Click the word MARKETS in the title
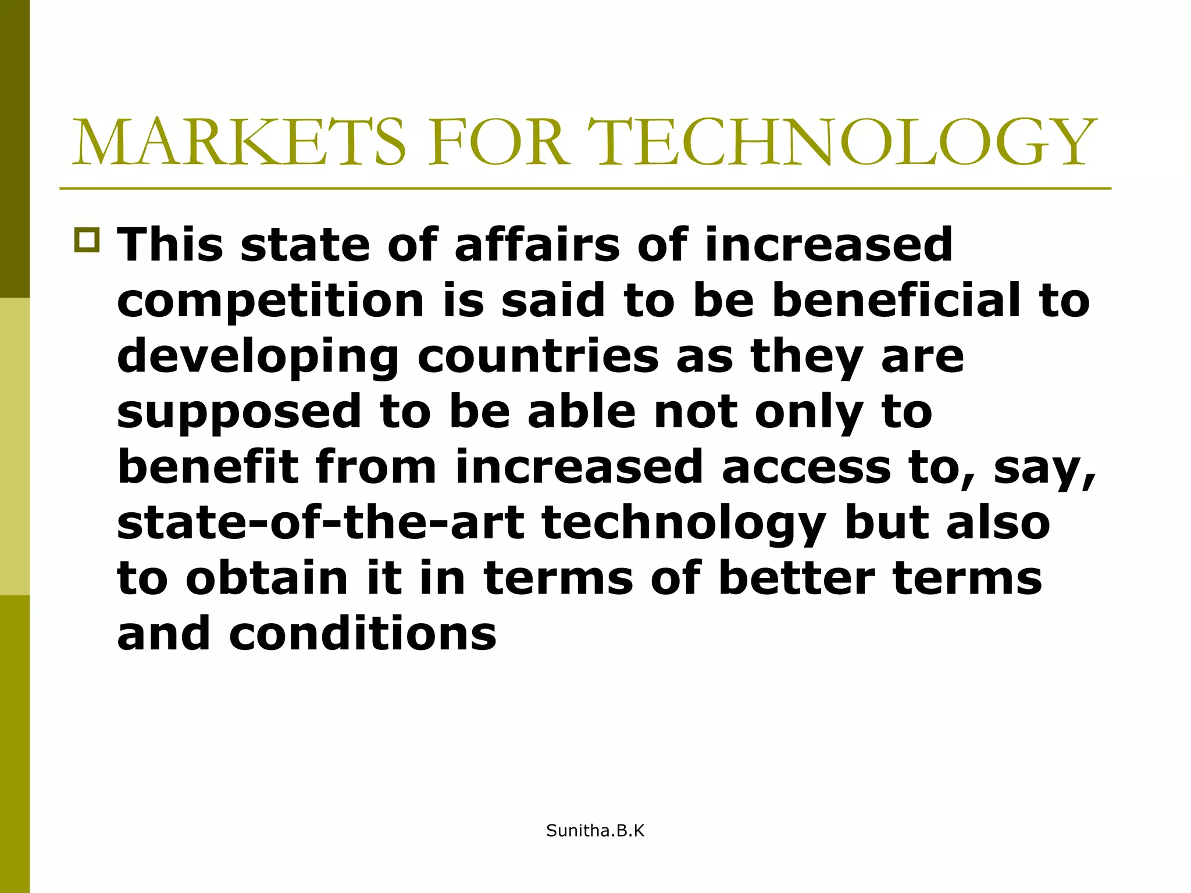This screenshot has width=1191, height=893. [239, 142]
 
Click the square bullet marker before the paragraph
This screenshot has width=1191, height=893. [87, 241]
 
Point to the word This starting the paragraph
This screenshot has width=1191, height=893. [170, 245]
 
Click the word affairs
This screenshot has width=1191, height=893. [537, 245]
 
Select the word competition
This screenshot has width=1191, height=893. [271, 301]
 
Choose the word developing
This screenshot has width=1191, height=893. [258, 356]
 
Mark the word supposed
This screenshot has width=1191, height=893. [240, 412]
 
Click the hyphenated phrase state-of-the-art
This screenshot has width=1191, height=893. [321, 523]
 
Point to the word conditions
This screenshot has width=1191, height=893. [363, 634]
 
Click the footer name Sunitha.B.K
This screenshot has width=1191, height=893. [595, 831]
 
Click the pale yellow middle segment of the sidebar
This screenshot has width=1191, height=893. [15, 446]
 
